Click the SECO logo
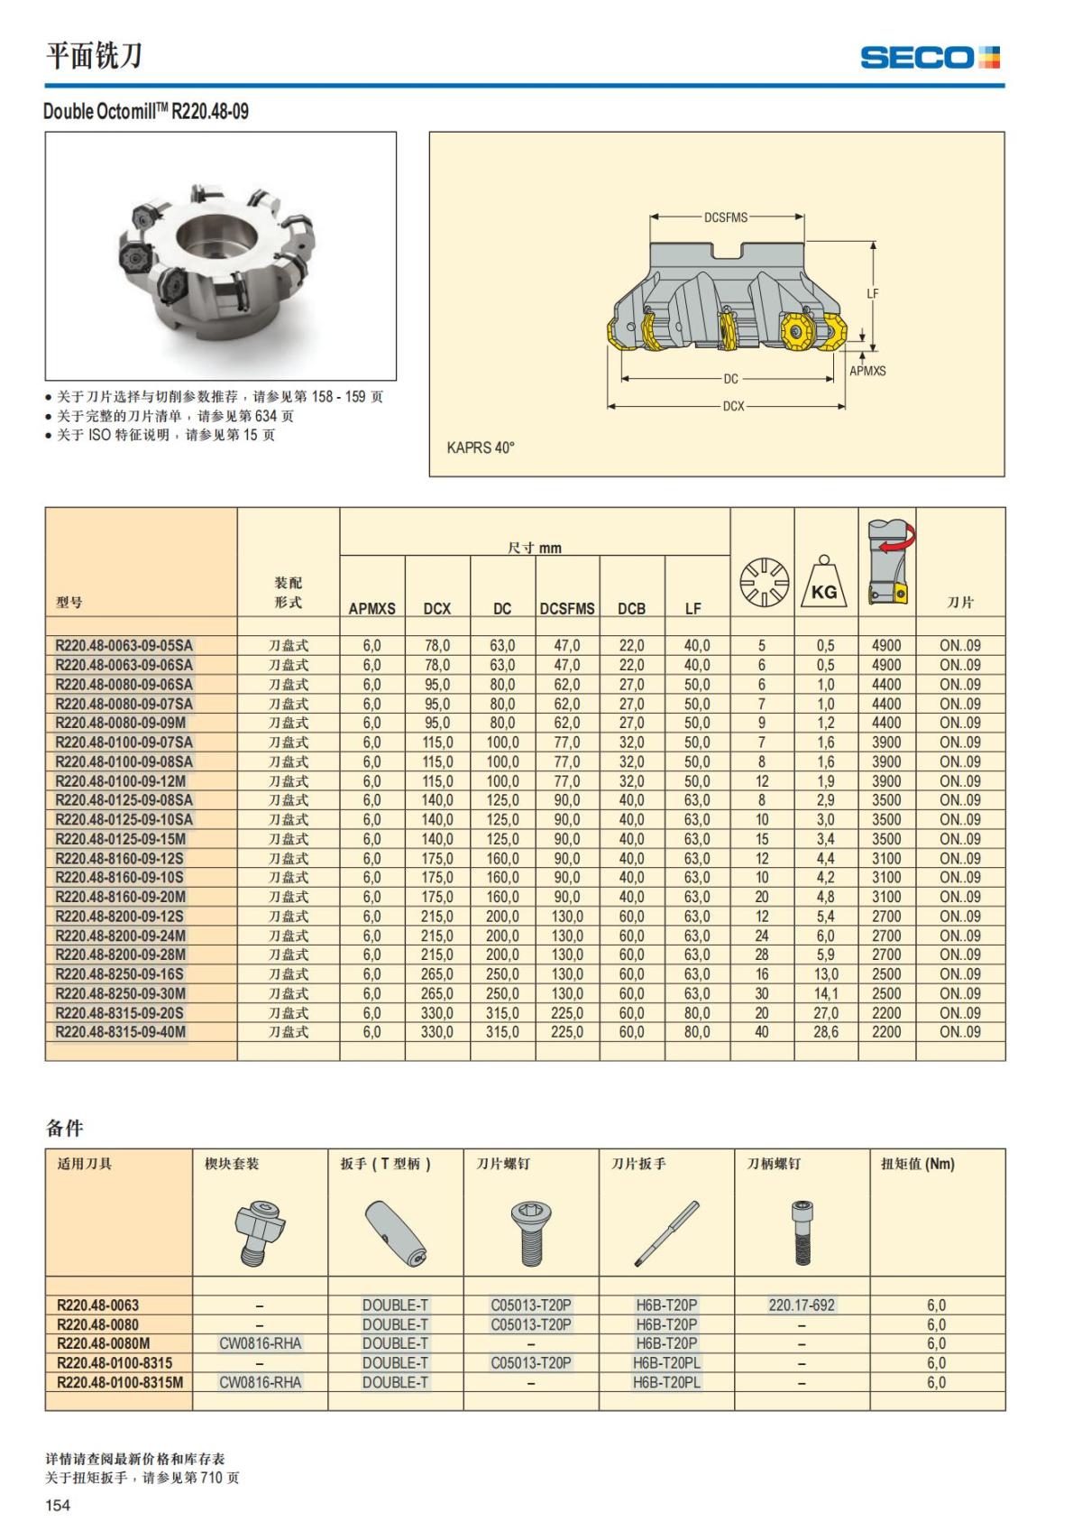[930, 58]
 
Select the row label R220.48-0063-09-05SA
[124, 646]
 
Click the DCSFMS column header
[567, 609]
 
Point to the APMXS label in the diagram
[867, 371]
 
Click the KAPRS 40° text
[481, 447]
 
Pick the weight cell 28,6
[826, 1032]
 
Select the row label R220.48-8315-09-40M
[121, 1032]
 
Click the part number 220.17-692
[802, 1305]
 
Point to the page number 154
[58, 1505]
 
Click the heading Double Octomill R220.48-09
[146, 112]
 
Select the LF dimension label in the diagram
[872, 294]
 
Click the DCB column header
[631, 609]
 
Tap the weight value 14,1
[826, 993]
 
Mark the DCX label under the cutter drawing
[734, 407]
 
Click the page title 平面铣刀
[94, 56]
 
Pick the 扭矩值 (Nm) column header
[917, 1164]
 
